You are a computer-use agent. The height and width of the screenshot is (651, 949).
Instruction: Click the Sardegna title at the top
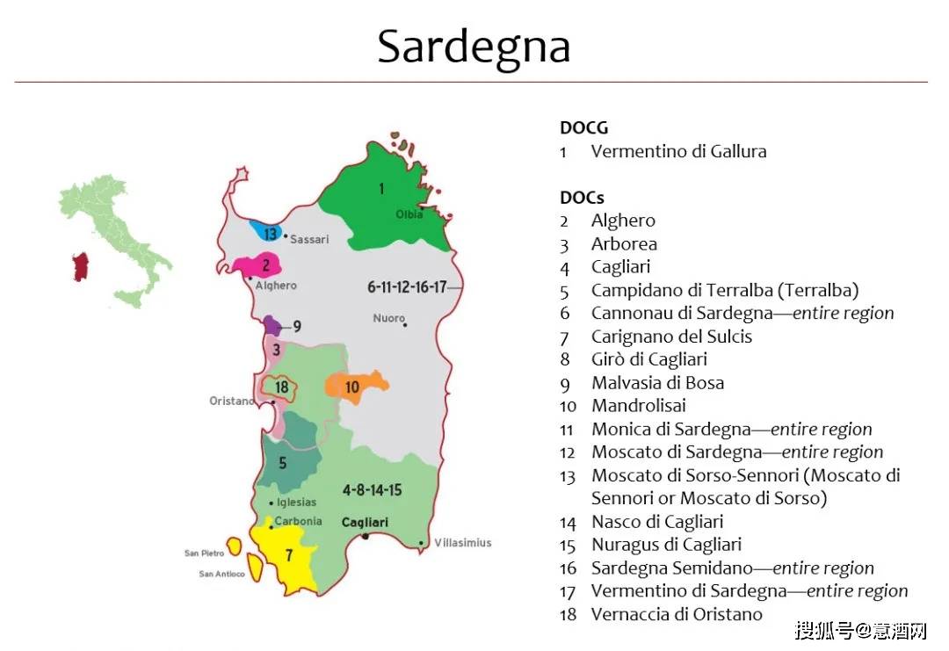pyautogui.click(x=474, y=46)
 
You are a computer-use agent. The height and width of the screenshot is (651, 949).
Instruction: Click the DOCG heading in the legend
pyautogui.click(x=583, y=128)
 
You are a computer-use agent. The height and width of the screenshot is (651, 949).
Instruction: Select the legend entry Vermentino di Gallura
pyautogui.click(x=678, y=151)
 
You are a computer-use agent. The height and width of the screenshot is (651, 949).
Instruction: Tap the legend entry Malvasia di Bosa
pyautogui.click(x=657, y=383)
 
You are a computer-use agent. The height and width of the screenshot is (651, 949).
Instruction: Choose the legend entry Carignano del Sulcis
pyautogui.click(x=671, y=336)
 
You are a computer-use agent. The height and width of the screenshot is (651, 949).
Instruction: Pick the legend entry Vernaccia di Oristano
pyautogui.click(x=677, y=614)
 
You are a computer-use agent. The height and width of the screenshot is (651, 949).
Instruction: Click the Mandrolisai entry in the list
pyautogui.click(x=638, y=406)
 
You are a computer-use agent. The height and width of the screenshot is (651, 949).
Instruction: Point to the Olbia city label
pyautogui.click(x=409, y=214)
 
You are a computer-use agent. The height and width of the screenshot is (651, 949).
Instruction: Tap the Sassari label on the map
pyautogui.click(x=309, y=239)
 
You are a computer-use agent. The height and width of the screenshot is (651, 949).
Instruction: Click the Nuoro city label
pyautogui.click(x=388, y=318)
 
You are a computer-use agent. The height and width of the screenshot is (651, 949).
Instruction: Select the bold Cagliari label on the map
pyautogui.click(x=365, y=522)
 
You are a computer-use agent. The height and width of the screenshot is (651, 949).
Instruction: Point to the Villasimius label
pyautogui.click(x=463, y=543)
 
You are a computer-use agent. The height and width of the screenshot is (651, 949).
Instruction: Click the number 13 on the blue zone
pyautogui.click(x=270, y=234)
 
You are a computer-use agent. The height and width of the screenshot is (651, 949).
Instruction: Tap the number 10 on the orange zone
pyautogui.click(x=351, y=387)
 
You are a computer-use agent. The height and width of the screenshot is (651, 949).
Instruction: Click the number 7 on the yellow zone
pyautogui.click(x=288, y=555)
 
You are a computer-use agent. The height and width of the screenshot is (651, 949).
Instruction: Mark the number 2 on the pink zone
pyautogui.click(x=265, y=264)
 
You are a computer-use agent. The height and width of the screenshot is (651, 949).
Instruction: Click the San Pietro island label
pyautogui.click(x=204, y=553)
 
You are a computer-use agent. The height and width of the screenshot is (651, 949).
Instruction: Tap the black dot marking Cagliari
pyautogui.click(x=365, y=536)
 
